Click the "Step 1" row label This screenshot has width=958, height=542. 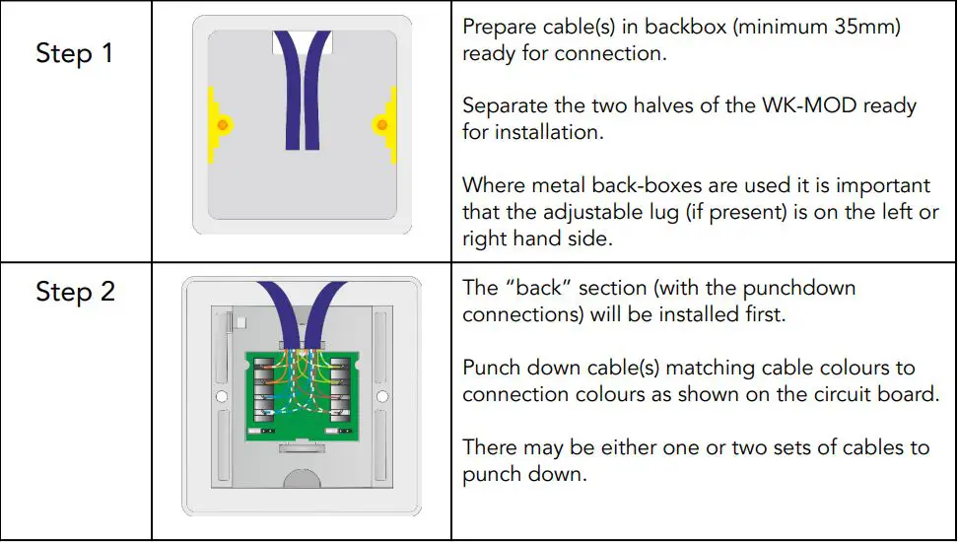pyautogui.click(x=75, y=53)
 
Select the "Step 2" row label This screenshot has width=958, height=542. pyautogui.click(x=75, y=292)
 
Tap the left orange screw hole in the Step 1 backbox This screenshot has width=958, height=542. pyautogui.click(x=222, y=124)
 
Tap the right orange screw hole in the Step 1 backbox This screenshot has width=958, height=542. pyautogui.click(x=380, y=124)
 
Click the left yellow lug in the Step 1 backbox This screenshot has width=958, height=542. pyautogui.click(x=212, y=124)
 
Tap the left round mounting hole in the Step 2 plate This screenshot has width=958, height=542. pyautogui.click(x=222, y=399)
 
